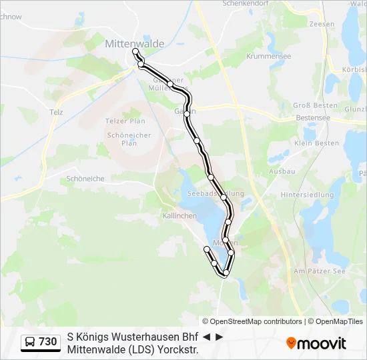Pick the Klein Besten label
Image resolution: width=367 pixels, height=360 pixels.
coord(312,143)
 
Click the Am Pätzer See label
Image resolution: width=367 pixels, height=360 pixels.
coord(319,271)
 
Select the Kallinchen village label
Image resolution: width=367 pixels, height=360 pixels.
coord(179,217)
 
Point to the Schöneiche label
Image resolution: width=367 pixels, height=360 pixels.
coord(85,179)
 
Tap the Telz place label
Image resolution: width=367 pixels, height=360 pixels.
coord(56,112)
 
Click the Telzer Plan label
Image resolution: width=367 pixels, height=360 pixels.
coord(125,121)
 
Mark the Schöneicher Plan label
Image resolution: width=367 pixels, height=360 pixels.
coord(121,139)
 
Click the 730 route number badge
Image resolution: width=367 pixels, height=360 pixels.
coord(48,342)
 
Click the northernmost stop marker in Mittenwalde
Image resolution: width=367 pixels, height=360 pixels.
coord(135,51)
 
